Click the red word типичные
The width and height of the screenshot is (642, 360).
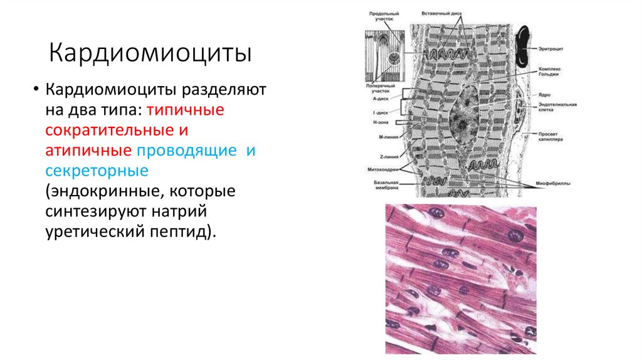tap(185, 110)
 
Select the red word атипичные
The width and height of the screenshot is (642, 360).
tap(88, 151)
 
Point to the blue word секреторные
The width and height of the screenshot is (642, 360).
tap(96, 171)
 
